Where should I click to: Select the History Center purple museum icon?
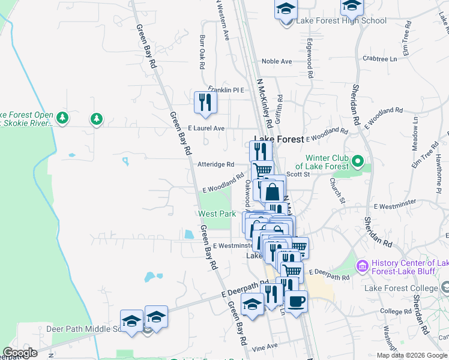(363, 265)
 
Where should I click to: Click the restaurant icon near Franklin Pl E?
(205, 103)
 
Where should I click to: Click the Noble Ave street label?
(277, 61)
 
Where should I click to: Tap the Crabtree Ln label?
(380, 59)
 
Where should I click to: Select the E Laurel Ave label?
(206, 128)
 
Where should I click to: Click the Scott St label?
(298, 174)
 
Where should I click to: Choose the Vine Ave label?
(265, 346)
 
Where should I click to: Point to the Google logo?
(20, 353)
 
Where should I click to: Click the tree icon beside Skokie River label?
(96, 119)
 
